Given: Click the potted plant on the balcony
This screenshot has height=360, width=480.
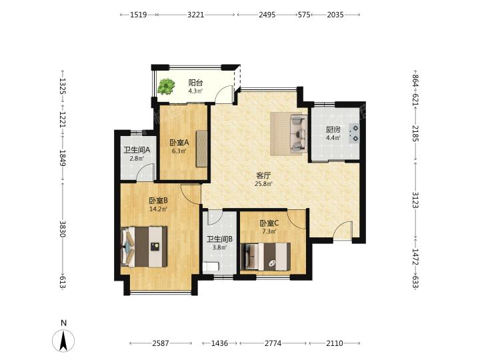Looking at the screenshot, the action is coord(166,86).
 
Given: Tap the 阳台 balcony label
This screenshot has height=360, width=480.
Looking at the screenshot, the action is coord(195,83).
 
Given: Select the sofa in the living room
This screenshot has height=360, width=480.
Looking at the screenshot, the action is coord(298,133).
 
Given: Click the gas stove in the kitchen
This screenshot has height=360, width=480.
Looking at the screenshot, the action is coord(353,133).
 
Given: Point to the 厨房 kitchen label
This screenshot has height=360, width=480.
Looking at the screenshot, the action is coord(333,129).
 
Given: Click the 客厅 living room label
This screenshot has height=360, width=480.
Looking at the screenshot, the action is coord(263,176).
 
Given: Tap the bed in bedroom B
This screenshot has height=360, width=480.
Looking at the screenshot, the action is coord(145,247).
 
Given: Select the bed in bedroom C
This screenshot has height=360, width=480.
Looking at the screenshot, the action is coord(266,257).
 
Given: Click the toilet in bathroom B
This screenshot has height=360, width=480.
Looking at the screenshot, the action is coord(211,267).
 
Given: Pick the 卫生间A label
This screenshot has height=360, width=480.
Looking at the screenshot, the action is coord(137,150).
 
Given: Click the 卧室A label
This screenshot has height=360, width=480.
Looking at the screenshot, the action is coord(179,143).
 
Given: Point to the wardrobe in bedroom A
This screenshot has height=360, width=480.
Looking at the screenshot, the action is coord(201,149).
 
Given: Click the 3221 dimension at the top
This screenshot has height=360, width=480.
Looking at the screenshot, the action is coord(195,15).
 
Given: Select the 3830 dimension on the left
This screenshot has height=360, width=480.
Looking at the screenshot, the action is coord(63,229).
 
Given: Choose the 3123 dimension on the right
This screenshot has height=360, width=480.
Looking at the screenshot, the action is coord(415,200).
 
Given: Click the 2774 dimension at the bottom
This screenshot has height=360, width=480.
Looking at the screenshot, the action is coord(273,343).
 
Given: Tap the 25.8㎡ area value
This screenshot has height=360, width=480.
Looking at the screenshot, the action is coord(263,184).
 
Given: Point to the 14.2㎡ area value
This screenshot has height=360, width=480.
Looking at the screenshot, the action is coord(158,209).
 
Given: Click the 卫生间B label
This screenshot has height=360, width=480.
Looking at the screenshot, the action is coord(219,239).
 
